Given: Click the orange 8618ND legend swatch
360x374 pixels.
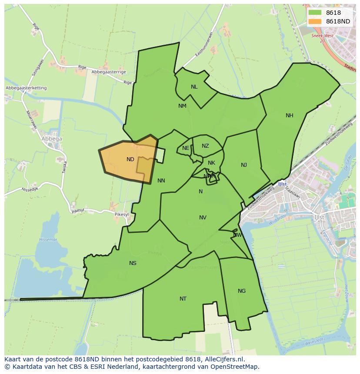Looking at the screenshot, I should click(x=315, y=21).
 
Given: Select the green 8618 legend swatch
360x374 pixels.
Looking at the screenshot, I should click(x=315, y=13).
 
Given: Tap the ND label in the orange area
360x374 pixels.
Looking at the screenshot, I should click(x=130, y=159).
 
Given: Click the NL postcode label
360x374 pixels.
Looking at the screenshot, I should click(x=194, y=87).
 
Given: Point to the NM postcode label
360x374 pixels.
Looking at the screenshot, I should click(x=182, y=106).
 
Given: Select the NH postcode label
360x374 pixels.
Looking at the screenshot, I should click(x=290, y=116).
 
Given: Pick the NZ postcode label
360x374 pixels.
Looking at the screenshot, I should click(x=205, y=146).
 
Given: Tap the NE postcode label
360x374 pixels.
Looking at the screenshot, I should click(x=186, y=148).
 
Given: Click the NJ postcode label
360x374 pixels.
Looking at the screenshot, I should click(x=244, y=165).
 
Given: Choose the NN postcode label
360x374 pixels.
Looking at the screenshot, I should click(x=161, y=181).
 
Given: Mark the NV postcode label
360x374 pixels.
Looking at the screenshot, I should click(x=203, y=218).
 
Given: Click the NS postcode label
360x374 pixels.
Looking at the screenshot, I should click(x=133, y=263).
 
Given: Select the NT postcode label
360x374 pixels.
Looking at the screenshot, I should click(x=183, y=299).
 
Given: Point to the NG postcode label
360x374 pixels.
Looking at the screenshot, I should click(x=242, y=291).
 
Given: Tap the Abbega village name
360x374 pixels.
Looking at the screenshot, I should click(x=52, y=139).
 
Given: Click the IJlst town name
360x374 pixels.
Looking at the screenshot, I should click(x=320, y=217).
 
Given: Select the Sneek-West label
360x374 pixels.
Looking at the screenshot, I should click(x=322, y=36).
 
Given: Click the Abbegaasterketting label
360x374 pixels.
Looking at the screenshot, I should click(x=26, y=88).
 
